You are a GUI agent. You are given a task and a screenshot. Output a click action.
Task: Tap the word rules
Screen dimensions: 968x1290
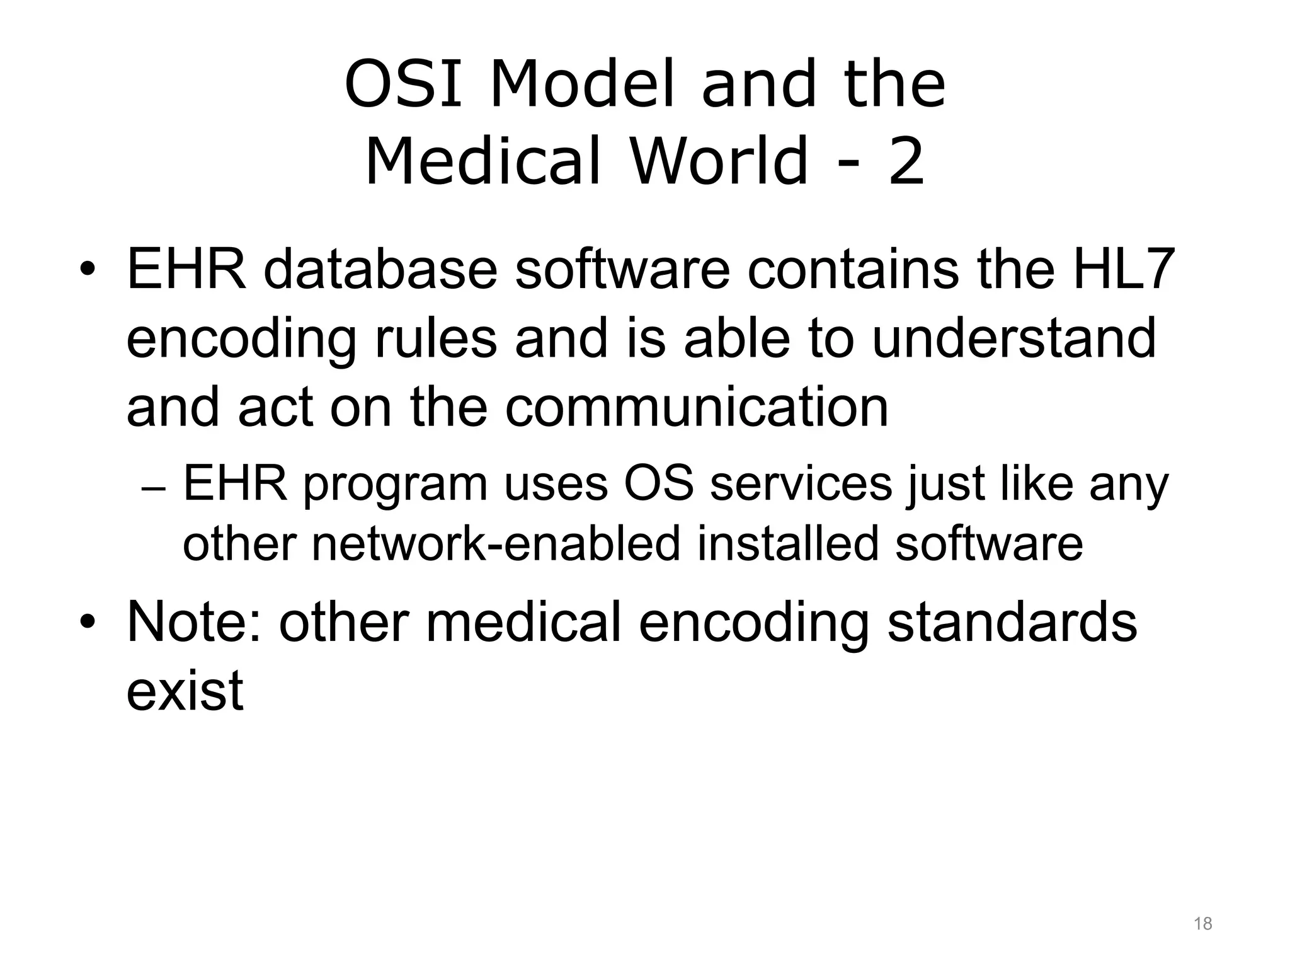(x=435, y=338)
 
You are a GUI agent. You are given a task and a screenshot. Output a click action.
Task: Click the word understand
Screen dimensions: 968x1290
(x=1014, y=338)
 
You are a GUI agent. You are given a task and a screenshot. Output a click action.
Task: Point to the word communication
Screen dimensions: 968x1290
(x=697, y=407)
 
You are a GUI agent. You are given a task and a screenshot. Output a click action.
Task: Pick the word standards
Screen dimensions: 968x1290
(x=1012, y=623)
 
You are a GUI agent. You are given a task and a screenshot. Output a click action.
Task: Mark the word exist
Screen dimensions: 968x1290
(x=185, y=691)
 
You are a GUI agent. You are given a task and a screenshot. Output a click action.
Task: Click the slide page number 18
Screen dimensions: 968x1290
(x=1202, y=924)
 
